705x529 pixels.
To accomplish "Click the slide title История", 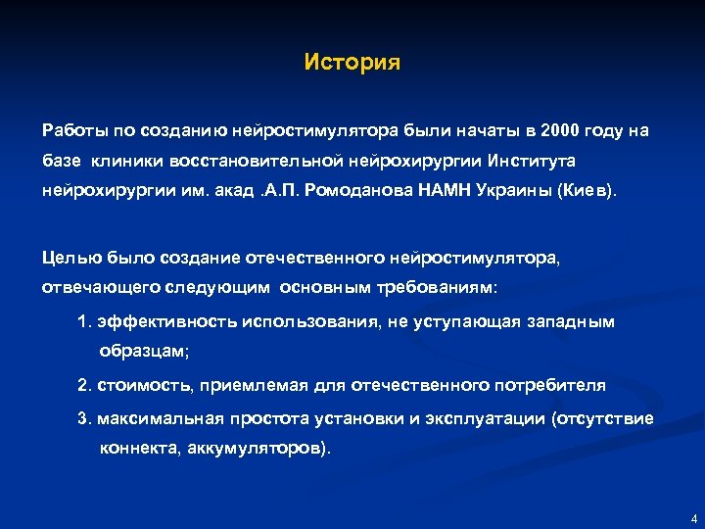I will (352, 63).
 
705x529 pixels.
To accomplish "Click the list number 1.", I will (82, 321).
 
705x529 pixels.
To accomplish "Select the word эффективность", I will (153, 321).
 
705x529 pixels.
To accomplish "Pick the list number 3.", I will (82, 418).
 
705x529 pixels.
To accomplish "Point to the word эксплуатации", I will (486, 419).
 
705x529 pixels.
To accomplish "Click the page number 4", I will (693, 518).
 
